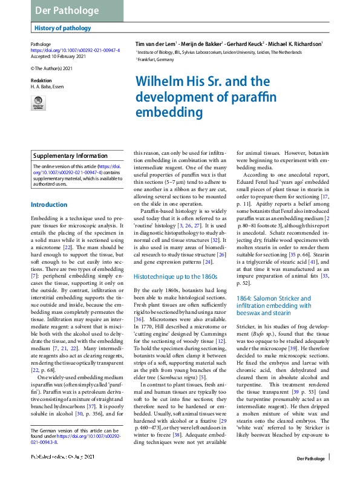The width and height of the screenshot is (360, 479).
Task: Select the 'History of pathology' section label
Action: (x=63, y=28)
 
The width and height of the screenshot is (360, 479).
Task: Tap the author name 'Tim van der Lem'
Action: (x=155, y=44)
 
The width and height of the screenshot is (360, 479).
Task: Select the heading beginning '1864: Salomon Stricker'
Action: (x=274, y=298)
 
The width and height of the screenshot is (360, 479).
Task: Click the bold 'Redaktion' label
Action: (x=41, y=80)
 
